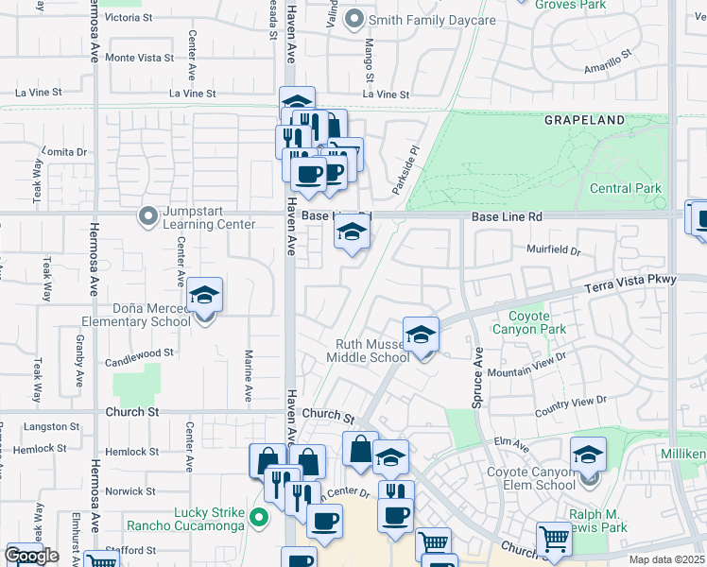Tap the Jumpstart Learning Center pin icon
147,216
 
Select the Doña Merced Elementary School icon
205,296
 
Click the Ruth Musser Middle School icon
422,335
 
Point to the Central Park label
625,188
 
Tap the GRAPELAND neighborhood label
584,120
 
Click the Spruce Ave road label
478,377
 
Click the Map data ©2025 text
665,560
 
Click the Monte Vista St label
140,58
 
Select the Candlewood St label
141,352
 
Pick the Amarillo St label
608,62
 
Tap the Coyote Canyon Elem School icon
588,456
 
